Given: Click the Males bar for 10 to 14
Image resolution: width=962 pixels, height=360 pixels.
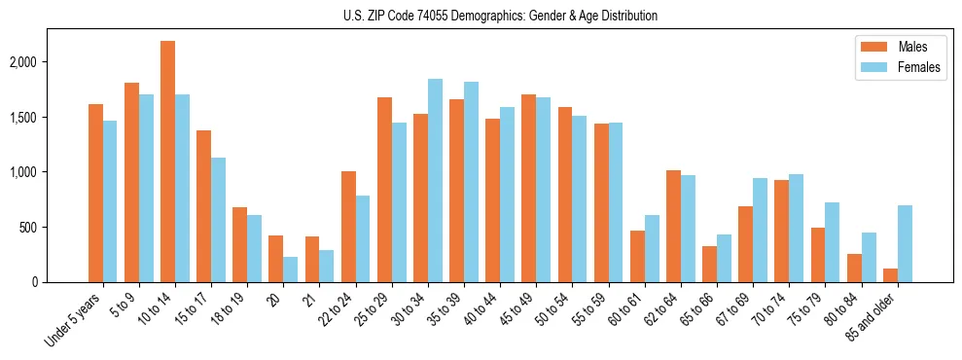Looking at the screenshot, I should pos(168,162).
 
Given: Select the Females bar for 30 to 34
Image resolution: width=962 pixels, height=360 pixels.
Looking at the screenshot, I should pos(435,181).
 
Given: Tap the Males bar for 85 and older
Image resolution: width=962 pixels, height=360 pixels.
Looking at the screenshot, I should pos(891,275).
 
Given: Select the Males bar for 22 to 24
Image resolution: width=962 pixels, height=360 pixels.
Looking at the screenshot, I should pos(348,227).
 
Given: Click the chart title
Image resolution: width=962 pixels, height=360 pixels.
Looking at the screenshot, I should pos(500,16).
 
